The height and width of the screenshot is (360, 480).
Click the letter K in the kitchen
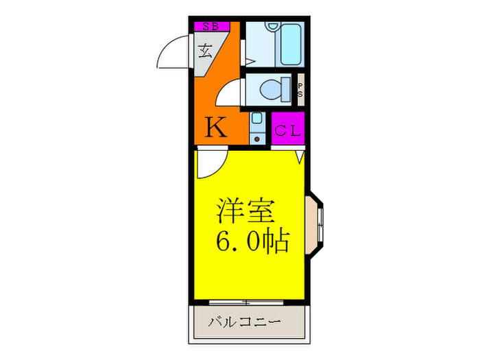[x=216, y=128]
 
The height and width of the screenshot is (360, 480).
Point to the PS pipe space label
[x=300, y=91]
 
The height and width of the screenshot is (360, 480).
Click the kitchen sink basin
[x=256, y=119]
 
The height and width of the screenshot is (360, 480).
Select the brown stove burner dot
[x=256, y=139]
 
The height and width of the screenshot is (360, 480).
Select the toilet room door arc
[x=229, y=93]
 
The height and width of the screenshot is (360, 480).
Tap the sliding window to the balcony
[x=245, y=302]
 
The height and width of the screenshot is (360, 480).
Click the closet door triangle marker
[x=300, y=157]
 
